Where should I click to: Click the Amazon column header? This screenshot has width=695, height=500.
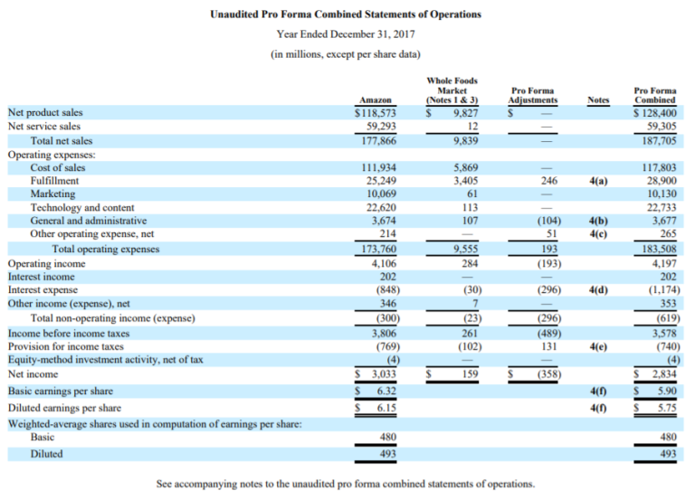coord(376,99)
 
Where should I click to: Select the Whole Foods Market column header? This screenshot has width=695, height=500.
coord(452,90)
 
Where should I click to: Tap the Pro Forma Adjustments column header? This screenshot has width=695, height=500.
coord(533,95)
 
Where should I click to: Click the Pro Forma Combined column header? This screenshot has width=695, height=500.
coord(654,95)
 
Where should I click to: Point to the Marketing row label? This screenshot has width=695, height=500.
coord(52,194)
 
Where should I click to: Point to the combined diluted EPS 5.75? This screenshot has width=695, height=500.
coord(666,408)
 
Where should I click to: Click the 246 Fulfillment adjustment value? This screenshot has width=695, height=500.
coord(548,181)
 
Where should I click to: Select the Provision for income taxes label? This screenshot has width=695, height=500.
coord(65,346)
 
